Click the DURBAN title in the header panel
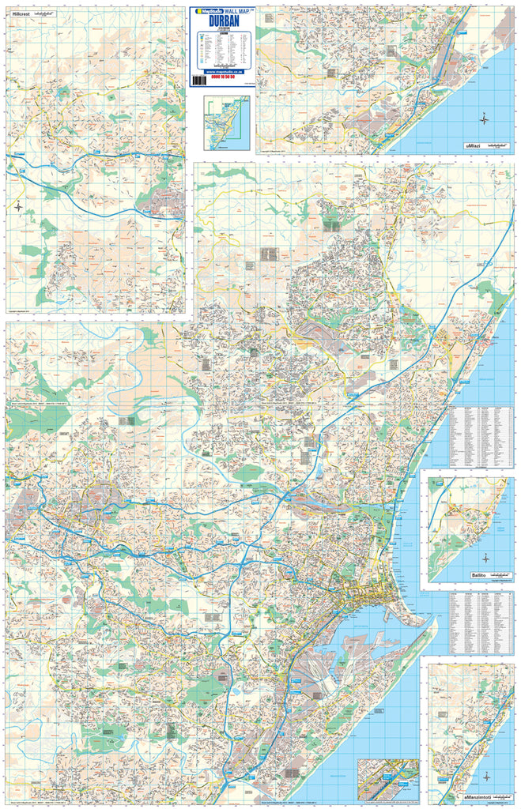pyautogui.click(x=221, y=23)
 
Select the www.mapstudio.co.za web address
pyautogui.click(x=221, y=71)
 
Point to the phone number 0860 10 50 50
pyautogui.click(x=221, y=77)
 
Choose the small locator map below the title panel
pyautogui.click(x=227, y=123)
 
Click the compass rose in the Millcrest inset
pyautogui.click(x=17, y=207)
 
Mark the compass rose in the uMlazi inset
pyautogui.click(x=484, y=119)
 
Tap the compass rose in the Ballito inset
pyautogui.click(x=485, y=558)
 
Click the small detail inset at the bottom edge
pyautogui.click(x=387, y=779)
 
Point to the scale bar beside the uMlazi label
pyautogui.click(x=498, y=146)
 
